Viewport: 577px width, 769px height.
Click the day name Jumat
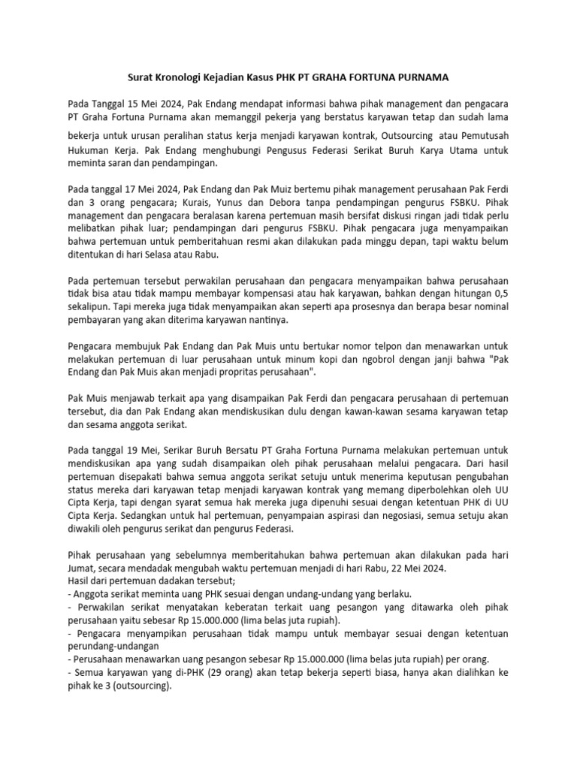83,568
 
